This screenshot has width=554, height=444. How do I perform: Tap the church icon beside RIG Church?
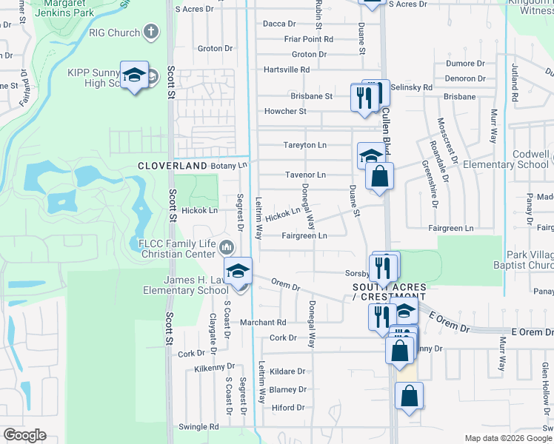pos(151,32)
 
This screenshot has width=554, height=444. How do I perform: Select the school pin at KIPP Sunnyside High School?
pos(134,75)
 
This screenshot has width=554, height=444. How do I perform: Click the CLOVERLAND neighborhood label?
pos(172,166)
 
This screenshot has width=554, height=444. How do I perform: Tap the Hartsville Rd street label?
pos(287,70)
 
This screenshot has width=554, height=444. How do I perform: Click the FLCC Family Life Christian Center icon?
pos(227,246)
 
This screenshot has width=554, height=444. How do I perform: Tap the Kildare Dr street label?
pos(287,371)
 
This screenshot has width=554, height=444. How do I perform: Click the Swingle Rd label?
pos(199,427)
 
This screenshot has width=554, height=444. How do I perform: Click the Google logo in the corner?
pos(24,435)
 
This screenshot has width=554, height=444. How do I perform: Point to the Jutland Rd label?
pos(513,81)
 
